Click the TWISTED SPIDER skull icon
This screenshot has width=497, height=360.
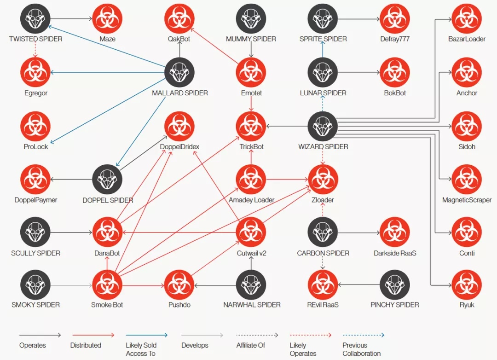35,18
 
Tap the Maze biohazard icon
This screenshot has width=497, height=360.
107,18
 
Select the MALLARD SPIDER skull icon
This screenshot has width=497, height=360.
179,72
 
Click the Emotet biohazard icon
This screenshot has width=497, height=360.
251,72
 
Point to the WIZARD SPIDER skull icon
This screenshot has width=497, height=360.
323,126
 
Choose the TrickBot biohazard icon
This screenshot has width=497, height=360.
251,126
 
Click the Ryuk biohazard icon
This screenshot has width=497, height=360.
467,285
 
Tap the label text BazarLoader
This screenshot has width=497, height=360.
467,39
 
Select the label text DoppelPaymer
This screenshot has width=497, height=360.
36,200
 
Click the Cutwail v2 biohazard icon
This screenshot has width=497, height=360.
251,232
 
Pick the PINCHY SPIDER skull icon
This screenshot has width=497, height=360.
395,285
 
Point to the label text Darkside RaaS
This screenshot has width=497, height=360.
395,253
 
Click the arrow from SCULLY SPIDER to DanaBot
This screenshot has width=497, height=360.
71,232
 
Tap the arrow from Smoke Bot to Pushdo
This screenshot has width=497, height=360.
143,285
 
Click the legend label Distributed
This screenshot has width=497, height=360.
86,345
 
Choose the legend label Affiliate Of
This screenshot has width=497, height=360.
250,345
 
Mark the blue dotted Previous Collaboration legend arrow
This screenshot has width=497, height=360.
363,335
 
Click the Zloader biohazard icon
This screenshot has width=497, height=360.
323,180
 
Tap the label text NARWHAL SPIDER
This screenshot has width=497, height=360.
252,305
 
